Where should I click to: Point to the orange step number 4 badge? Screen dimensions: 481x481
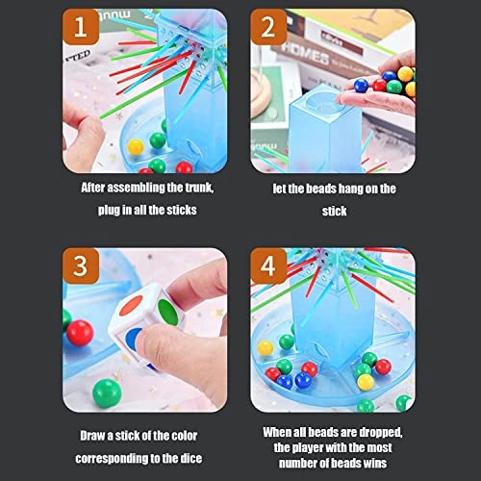(271, 265)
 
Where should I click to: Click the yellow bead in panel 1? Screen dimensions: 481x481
(137, 146)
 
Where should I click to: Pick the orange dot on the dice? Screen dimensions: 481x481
(130, 311)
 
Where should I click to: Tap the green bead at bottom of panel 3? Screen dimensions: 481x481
(107, 391)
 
